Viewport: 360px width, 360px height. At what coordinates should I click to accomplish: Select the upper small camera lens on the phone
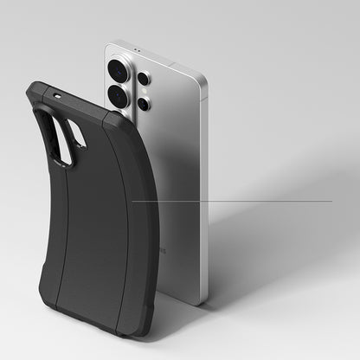tap(143, 79)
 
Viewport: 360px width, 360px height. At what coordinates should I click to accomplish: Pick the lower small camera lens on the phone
tap(145, 104)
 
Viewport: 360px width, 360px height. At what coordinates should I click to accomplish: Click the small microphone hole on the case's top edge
tap(58, 95)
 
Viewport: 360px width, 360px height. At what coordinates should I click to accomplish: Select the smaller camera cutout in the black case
tap(76, 132)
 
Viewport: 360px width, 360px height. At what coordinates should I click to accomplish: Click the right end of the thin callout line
tap(331, 201)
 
